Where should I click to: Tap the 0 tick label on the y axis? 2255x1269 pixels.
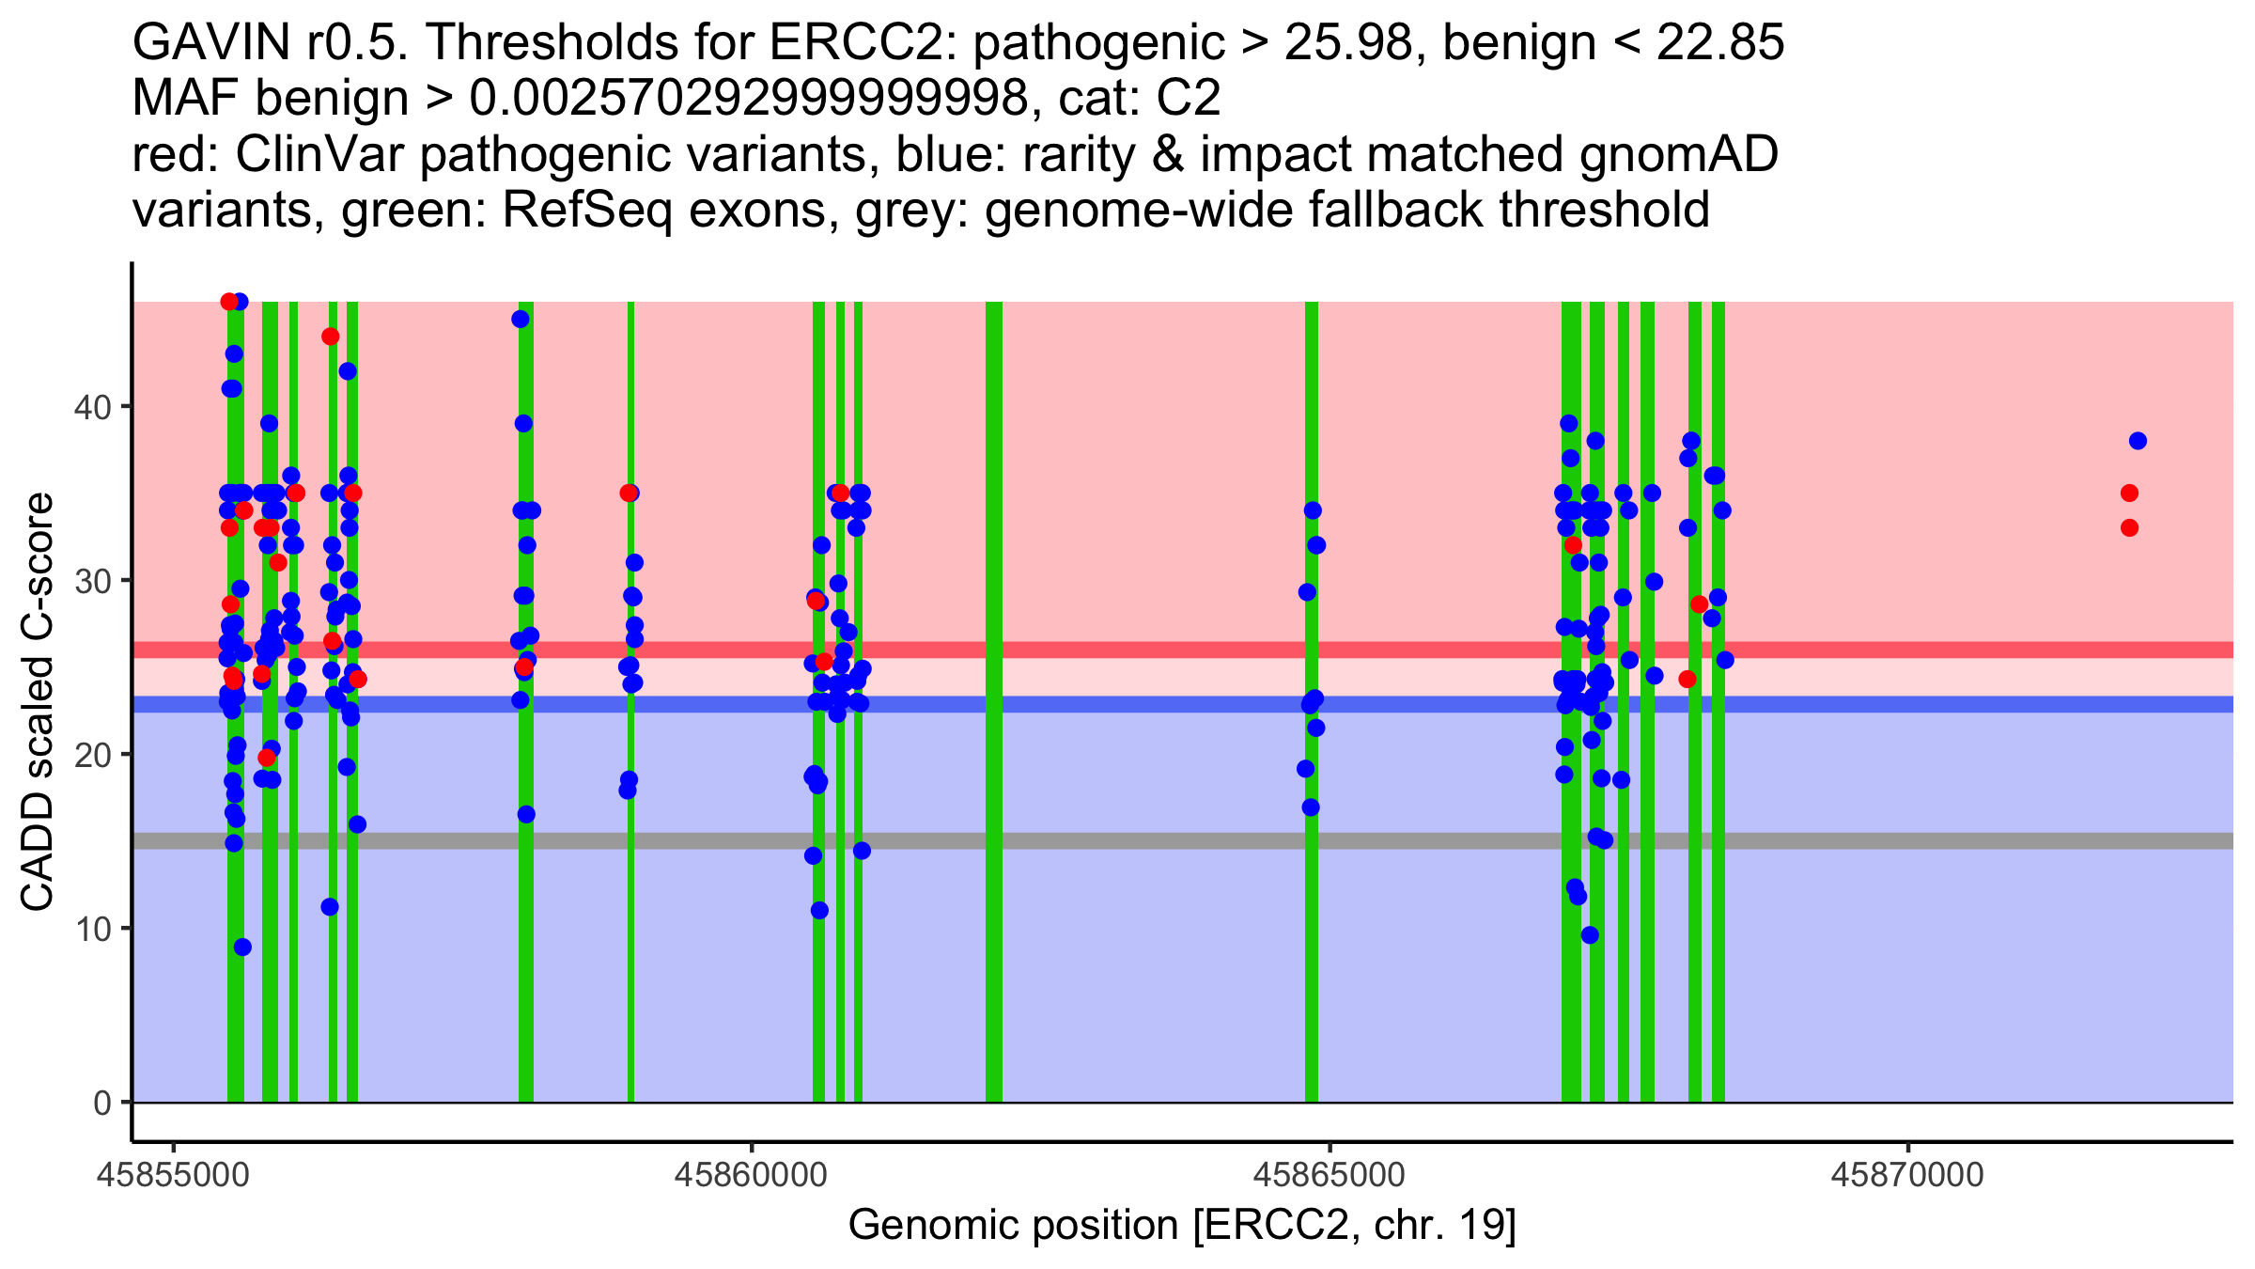pos(101,1103)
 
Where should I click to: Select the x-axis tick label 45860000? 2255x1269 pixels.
pos(751,1175)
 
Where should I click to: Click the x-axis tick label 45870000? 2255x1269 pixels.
pos(1907,1175)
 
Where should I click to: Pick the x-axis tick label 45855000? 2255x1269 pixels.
pos(173,1175)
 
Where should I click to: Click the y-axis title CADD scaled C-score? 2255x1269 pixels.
pos(38,703)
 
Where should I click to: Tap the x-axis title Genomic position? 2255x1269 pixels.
pos(1182,1226)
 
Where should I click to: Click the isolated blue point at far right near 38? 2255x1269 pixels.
pos(2138,441)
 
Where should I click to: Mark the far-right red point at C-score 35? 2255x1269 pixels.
pos(2129,493)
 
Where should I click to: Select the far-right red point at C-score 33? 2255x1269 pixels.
pos(2129,528)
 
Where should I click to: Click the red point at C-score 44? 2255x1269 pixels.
pos(330,337)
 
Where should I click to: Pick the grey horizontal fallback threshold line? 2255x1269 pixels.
pos(1127,840)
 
